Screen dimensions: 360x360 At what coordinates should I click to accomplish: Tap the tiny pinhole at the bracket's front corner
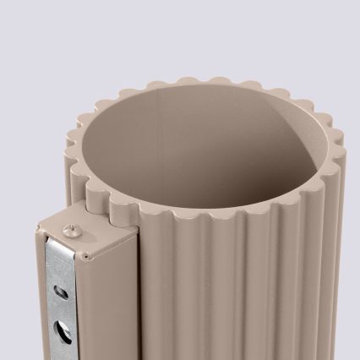click(85, 254)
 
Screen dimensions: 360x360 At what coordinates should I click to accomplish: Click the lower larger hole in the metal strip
click(60, 325)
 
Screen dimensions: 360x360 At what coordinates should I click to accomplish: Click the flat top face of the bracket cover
click(93, 232)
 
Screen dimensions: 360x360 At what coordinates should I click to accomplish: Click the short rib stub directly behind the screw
click(95, 201)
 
